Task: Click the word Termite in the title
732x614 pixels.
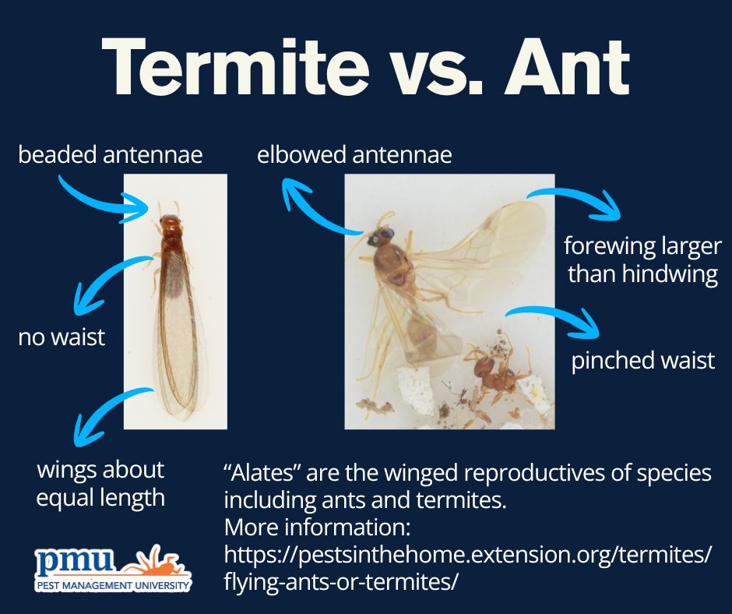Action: (x=236, y=67)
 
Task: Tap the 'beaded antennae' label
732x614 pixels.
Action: (x=110, y=154)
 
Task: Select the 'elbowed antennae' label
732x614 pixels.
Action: (x=354, y=154)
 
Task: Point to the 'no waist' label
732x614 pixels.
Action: (x=62, y=337)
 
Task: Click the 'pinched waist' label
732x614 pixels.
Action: (x=643, y=360)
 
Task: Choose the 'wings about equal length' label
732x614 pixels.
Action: (x=100, y=484)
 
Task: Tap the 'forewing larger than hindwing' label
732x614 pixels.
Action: (x=642, y=259)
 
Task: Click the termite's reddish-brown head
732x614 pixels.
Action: (x=170, y=221)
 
